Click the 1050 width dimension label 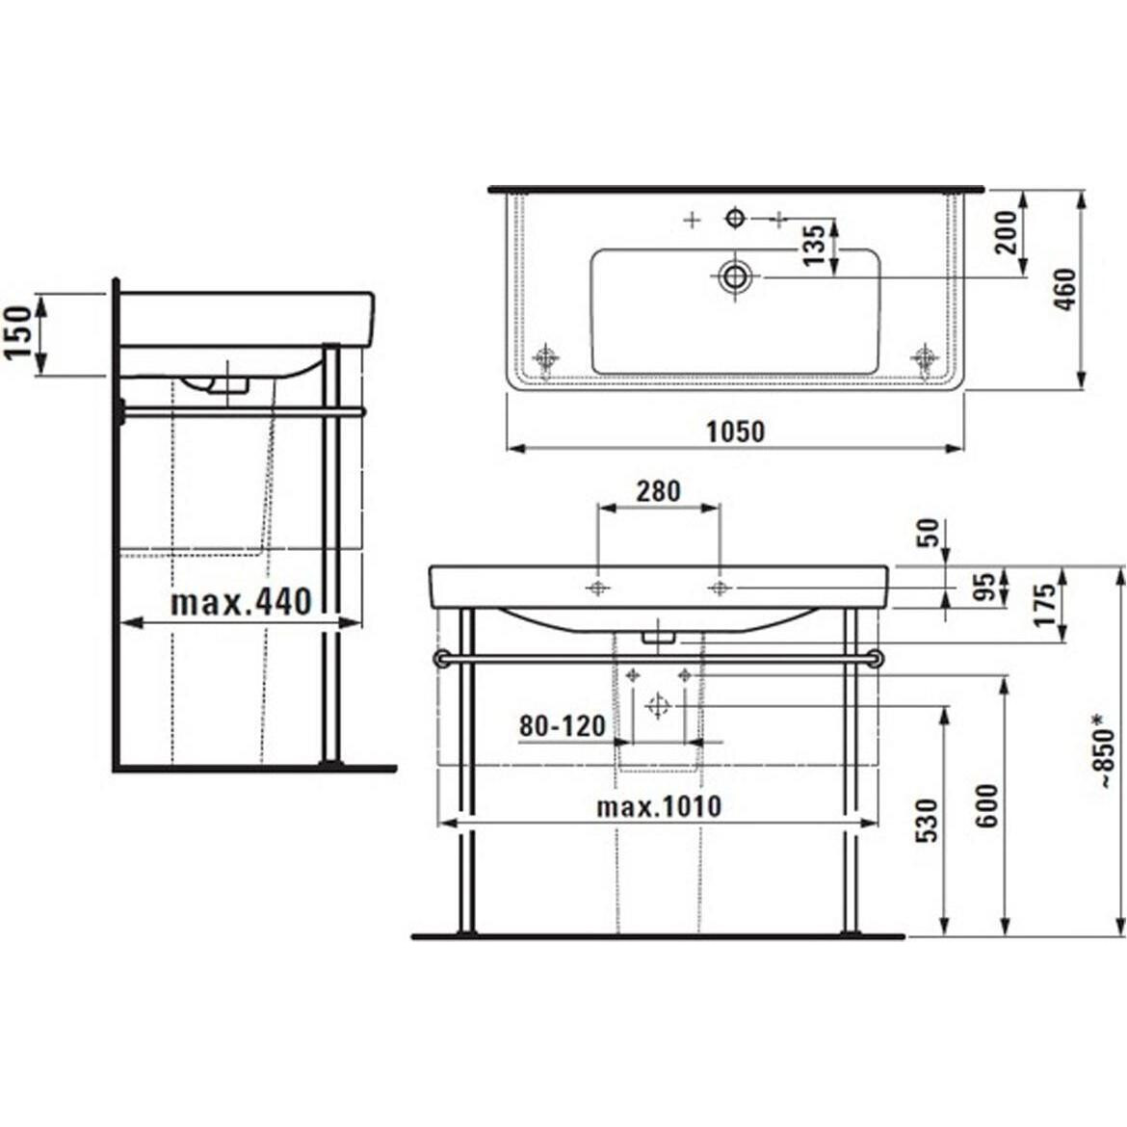[x=735, y=432]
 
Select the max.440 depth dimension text [x=241, y=602]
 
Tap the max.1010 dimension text [x=658, y=806]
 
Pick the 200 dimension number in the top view [x=1007, y=231]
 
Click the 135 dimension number [x=814, y=245]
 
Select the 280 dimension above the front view [x=658, y=491]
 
